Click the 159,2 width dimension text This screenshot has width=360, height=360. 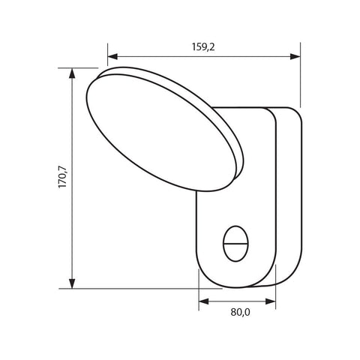(204, 46)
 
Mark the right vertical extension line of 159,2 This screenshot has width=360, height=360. (301, 75)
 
